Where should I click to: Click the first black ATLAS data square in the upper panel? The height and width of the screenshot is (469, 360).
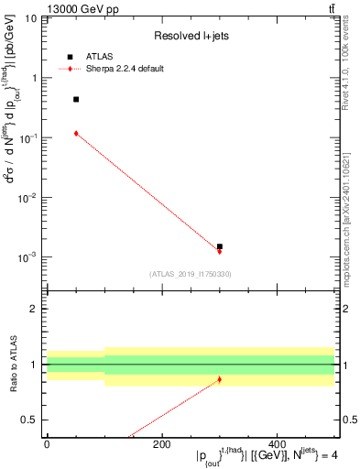(x=76, y=99)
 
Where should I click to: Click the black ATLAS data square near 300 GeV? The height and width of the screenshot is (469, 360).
(x=220, y=246)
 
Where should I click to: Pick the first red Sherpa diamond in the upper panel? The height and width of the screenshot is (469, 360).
(x=76, y=134)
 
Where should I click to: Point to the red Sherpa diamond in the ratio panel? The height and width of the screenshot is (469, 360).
(x=220, y=379)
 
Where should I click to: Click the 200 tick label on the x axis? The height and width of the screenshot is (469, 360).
(x=161, y=445)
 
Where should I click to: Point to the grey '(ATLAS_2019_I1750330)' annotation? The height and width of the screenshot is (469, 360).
(x=191, y=274)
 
